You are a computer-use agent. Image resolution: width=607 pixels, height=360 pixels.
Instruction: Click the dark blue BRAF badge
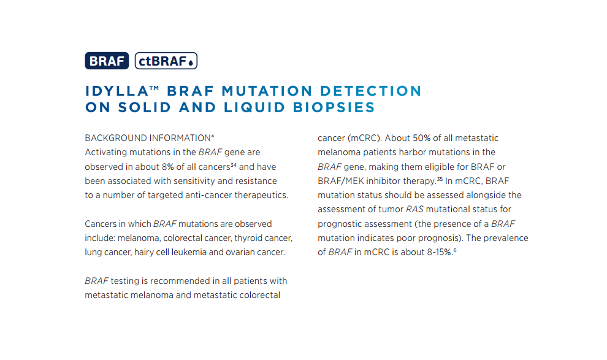(107, 61)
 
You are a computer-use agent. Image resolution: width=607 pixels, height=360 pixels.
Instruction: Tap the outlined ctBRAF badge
(166, 61)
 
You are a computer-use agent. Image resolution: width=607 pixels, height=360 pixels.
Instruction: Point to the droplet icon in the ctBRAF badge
(191, 63)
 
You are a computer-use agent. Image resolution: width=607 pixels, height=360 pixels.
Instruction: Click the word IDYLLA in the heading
(116, 91)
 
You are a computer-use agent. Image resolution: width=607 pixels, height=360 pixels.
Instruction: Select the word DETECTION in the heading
(370, 91)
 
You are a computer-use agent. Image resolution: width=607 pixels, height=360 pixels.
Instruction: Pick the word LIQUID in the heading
(254, 107)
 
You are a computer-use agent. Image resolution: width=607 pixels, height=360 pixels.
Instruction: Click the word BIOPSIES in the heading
(334, 107)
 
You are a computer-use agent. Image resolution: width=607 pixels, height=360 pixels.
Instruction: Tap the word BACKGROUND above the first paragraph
(116, 138)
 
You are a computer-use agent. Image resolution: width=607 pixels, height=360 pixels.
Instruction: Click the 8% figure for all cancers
(167, 167)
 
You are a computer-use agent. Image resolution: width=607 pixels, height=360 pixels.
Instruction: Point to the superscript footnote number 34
(234, 165)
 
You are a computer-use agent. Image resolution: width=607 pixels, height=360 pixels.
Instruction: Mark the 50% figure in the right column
(421, 138)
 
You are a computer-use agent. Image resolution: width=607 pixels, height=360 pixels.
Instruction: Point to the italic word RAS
(414, 209)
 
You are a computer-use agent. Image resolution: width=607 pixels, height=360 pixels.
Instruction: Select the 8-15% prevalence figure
(440, 253)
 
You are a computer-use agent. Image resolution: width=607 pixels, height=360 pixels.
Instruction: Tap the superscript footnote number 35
(440, 179)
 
